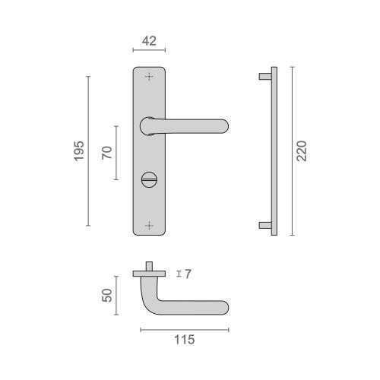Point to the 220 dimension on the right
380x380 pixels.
(x=302, y=152)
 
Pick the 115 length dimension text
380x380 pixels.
(x=185, y=340)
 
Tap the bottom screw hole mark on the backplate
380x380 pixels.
(x=149, y=225)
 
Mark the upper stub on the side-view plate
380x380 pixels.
(x=264, y=76)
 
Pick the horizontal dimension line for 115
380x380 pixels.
(x=185, y=330)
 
